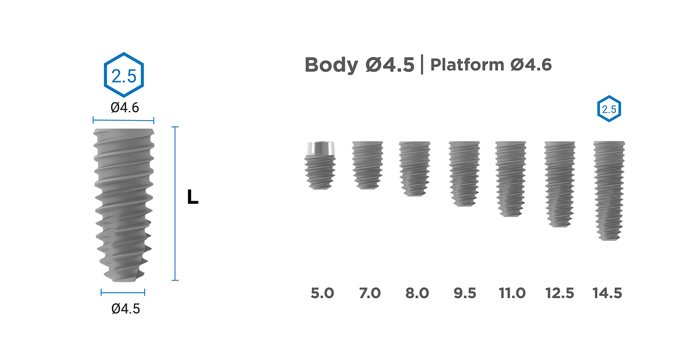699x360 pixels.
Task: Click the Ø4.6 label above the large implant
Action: [125, 107]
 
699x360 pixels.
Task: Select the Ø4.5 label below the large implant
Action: [126, 309]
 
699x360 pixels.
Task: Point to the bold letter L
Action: [192, 197]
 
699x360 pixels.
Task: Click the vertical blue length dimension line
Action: [175, 203]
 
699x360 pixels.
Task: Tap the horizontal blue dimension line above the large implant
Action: [123, 120]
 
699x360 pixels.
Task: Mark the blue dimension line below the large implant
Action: [123, 292]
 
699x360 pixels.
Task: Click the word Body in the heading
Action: [331, 65]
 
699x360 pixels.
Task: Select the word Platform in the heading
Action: [467, 65]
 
